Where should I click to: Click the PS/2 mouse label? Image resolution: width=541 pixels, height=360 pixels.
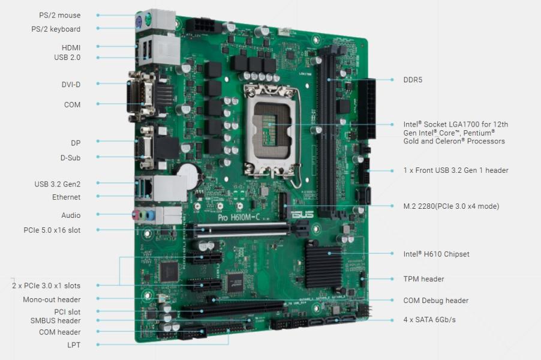[x=59, y=15]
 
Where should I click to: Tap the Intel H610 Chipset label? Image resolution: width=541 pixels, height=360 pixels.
[x=436, y=254]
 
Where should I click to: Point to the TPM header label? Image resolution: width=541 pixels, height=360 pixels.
[x=423, y=279]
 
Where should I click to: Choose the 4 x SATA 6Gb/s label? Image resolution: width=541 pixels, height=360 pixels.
[x=429, y=320]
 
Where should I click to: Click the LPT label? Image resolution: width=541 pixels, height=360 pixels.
[x=74, y=345]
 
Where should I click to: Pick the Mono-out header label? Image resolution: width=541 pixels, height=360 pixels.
[x=52, y=299]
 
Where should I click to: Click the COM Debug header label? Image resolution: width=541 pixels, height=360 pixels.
[x=435, y=301]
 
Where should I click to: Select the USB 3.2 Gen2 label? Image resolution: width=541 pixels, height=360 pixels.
[x=57, y=184]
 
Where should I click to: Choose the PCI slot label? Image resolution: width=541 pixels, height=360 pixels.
[x=67, y=311]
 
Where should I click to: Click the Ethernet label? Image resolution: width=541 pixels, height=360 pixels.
[x=66, y=197]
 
